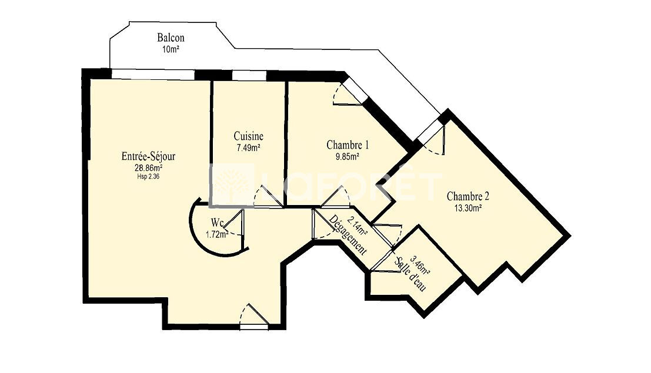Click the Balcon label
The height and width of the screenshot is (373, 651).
tap(171, 38)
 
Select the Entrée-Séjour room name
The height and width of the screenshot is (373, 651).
tap(148, 156)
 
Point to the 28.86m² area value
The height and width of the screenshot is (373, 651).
tap(148, 168)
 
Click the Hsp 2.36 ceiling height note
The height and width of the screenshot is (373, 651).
tap(148, 176)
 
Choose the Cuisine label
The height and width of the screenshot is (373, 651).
tap(248, 136)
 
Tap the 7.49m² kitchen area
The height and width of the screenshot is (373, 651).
tap(248, 147)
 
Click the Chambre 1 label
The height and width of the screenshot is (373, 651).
tap(348, 145)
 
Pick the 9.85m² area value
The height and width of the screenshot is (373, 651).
tap(348, 156)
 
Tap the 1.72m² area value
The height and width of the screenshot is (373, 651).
tap(217, 234)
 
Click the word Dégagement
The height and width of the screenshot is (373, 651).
tap(348, 235)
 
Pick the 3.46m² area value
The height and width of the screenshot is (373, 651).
tap(420, 265)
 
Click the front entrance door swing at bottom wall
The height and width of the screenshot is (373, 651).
tap(253, 317)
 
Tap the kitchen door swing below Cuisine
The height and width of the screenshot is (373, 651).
tap(268, 196)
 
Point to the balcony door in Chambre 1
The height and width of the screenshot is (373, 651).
tap(349, 92)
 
